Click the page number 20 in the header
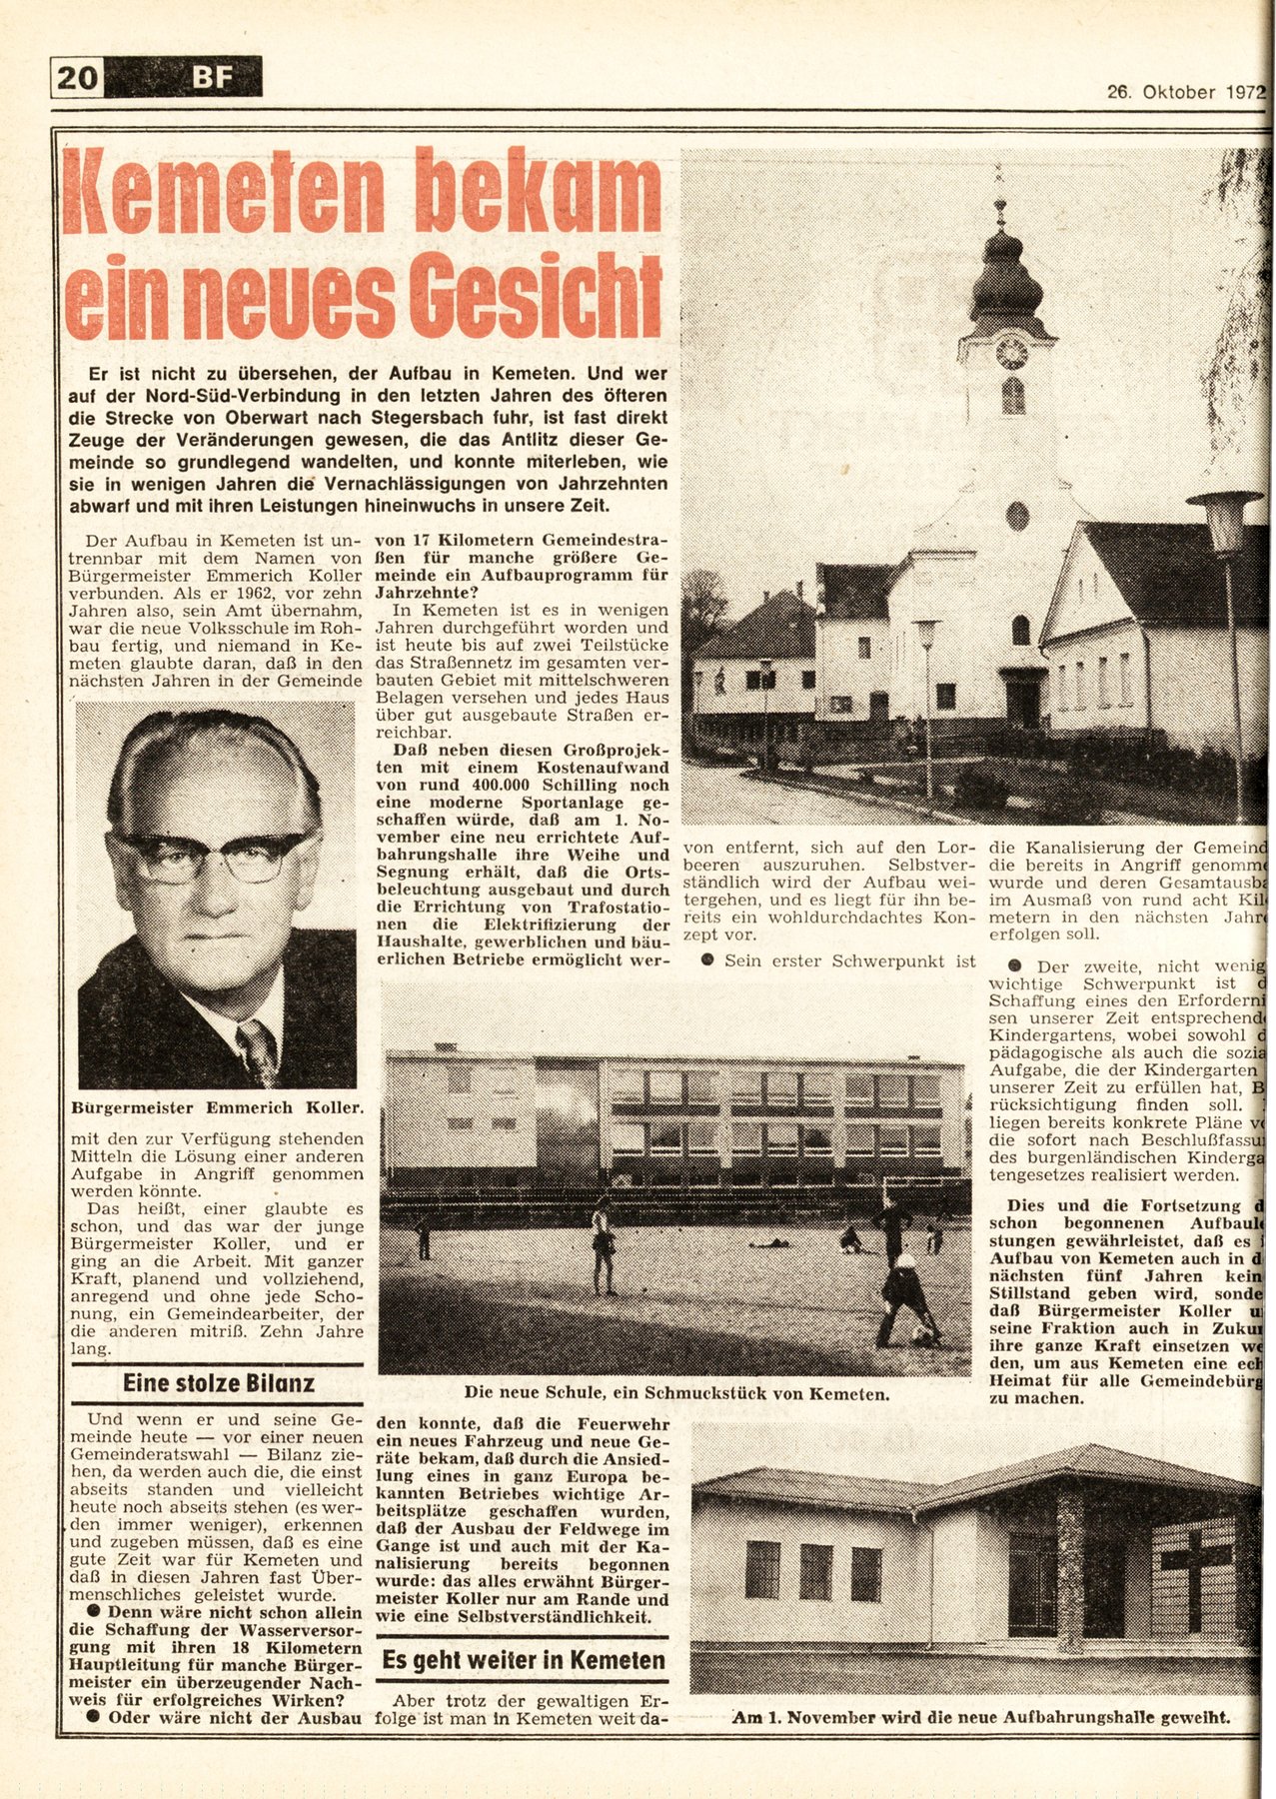click(77, 77)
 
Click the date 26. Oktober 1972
click(1185, 92)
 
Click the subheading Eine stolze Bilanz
click(218, 1383)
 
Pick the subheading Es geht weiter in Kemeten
click(523, 1660)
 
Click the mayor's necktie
click(257, 1050)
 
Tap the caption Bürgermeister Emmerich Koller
click(218, 1107)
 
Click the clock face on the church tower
click(1011, 353)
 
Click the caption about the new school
click(675, 1392)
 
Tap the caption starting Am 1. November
click(980, 1718)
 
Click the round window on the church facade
click(1017, 516)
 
